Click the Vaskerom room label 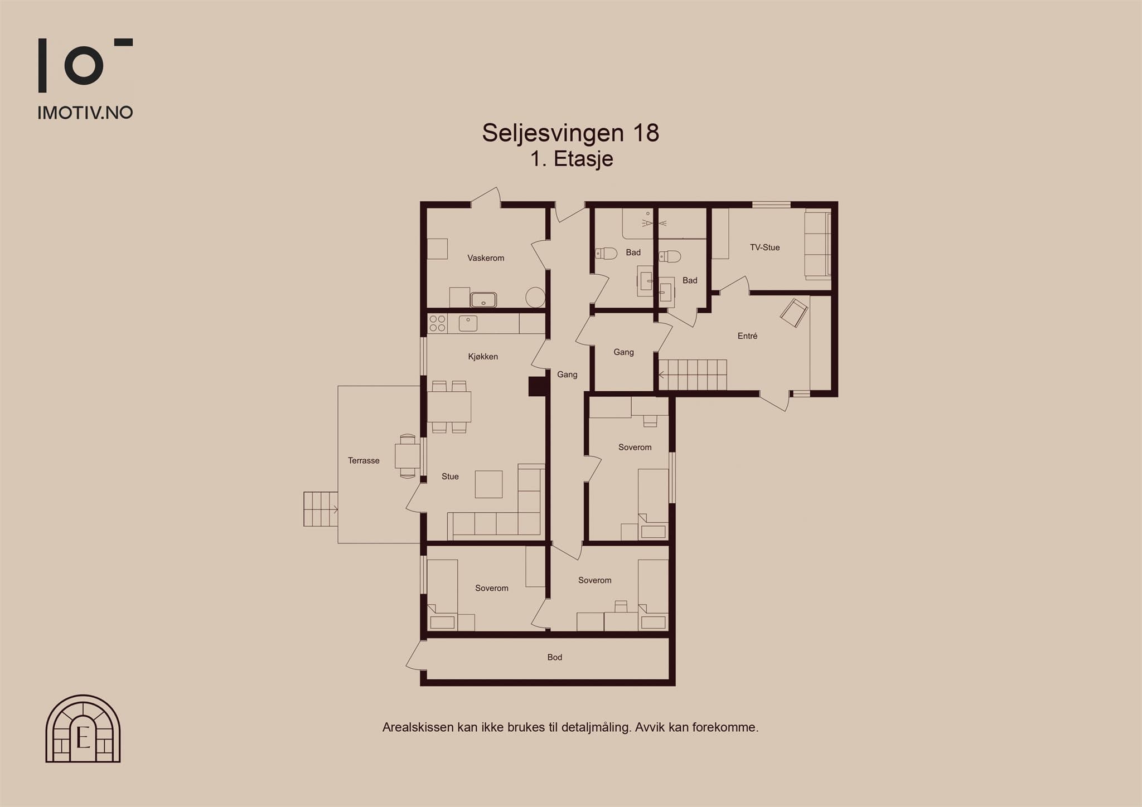(x=486, y=258)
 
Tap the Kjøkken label (x=483, y=357)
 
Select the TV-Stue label (x=764, y=247)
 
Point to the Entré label (x=747, y=336)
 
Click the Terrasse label (x=364, y=460)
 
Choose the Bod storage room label (x=555, y=658)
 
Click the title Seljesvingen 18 (x=570, y=133)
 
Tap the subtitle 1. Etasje (x=572, y=159)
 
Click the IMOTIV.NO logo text (x=85, y=113)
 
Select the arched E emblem (x=83, y=728)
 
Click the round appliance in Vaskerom (x=535, y=297)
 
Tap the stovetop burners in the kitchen (x=437, y=324)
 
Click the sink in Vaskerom (x=483, y=300)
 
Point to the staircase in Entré (x=693, y=375)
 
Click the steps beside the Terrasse (x=321, y=509)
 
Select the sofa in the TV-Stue (x=817, y=245)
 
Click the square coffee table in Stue (x=488, y=484)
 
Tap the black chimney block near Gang (x=537, y=387)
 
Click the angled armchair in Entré (x=794, y=313)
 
